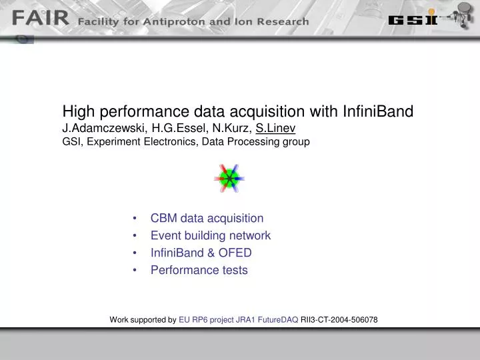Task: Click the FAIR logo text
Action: click(41, 18)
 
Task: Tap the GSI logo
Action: click(413, 19)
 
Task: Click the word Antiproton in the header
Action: click(175, 22)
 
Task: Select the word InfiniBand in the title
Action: click(378, 111)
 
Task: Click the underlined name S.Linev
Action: click(275, 128)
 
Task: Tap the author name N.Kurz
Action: click(232, 128)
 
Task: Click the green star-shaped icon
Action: click(229, 179)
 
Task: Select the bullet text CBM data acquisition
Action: click(207, 218)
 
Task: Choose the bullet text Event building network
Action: click(211, 235)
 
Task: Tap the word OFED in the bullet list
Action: click(235, 253)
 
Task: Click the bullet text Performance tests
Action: click(199, 270)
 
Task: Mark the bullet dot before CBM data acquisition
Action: click(135, 218)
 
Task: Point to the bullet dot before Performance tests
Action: click(135, 270)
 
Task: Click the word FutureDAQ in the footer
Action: click(278, 320)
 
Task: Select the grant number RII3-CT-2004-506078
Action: click(339, 320)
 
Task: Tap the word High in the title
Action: click(79, 111)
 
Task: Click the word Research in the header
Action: click(283, 22)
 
